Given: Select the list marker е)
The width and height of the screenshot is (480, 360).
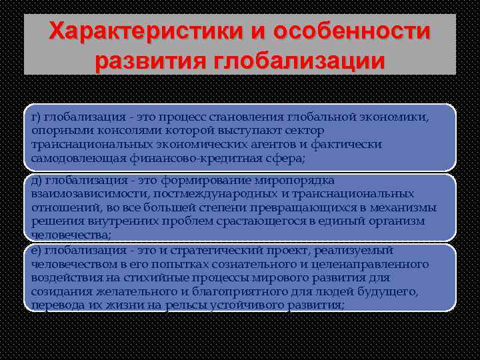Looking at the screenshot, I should (x=35, y=250).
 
